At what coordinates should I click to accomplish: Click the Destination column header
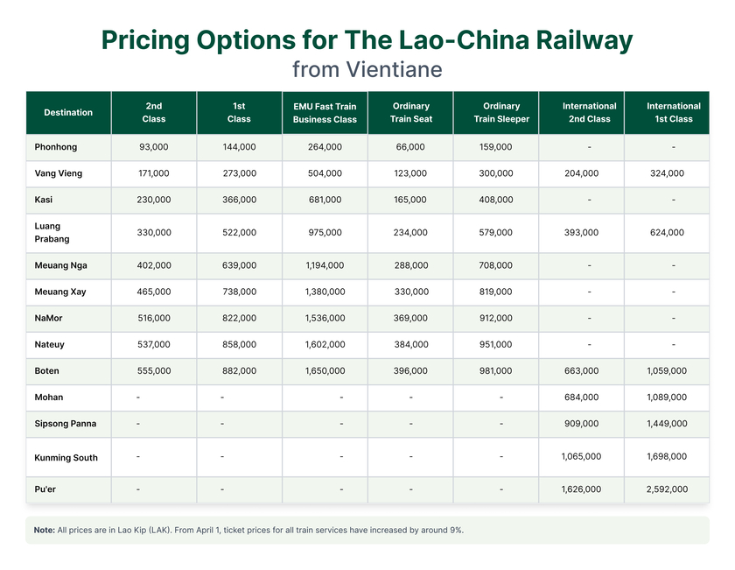point(68,112)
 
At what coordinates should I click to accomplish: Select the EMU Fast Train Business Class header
point(325,113)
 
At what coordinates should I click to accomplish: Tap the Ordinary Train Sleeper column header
point(501,113)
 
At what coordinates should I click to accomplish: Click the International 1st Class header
point(673,113)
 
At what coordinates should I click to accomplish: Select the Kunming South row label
point(66,458)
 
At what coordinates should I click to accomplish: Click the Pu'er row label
point(45,489)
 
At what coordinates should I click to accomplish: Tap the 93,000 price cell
point(154,147)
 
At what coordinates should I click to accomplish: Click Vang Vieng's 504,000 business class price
point(325,173)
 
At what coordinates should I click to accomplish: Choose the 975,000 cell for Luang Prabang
point(325,233)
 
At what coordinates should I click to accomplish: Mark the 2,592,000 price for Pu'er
point(668,489)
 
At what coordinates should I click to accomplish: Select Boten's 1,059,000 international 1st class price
point(668,371)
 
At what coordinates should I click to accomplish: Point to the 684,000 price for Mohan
point(581,398)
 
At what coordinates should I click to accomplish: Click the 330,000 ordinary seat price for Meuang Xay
point(410,292)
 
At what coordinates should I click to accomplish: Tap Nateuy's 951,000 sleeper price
point(496,345)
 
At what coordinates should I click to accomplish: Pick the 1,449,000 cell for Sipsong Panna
point(668,424)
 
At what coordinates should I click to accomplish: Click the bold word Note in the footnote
point(44,531)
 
